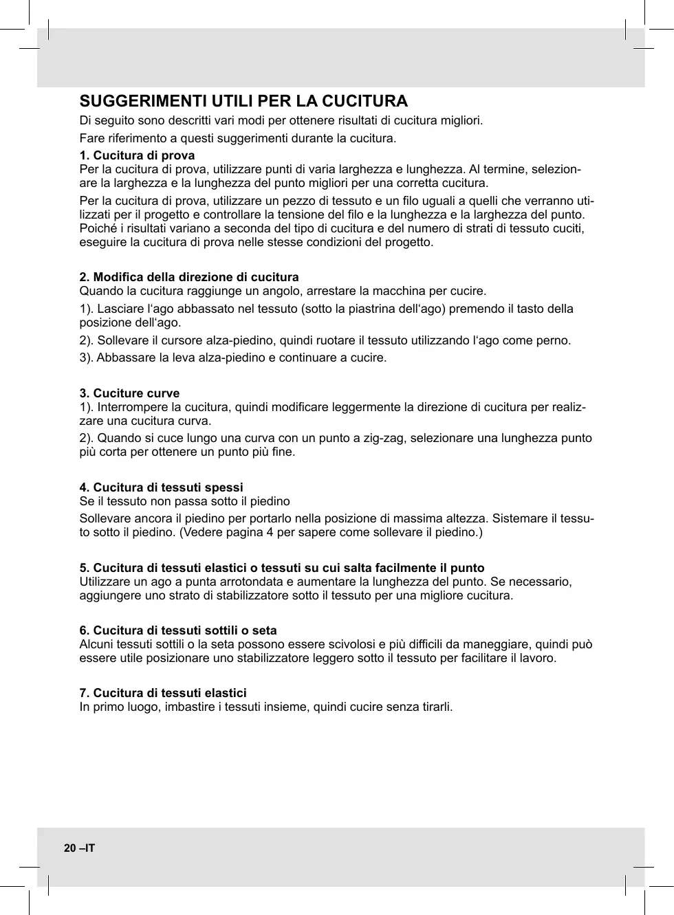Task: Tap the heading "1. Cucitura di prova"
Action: (137, 155)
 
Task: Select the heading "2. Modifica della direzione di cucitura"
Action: (189, 277)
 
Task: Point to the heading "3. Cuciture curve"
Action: (129, 393)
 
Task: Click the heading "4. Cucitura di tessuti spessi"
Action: (161, 487)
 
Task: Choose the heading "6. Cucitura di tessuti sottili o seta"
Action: (178, 630)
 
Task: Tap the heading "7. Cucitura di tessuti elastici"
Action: (163, 693)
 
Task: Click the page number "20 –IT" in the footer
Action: (80, 848)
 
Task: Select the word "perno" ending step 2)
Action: (554, 340)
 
